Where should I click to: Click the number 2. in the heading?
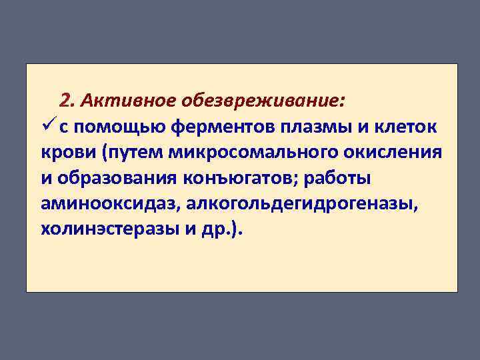click(67, 101)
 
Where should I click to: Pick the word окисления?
click(393, 153)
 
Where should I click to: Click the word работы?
click(339, 178)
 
